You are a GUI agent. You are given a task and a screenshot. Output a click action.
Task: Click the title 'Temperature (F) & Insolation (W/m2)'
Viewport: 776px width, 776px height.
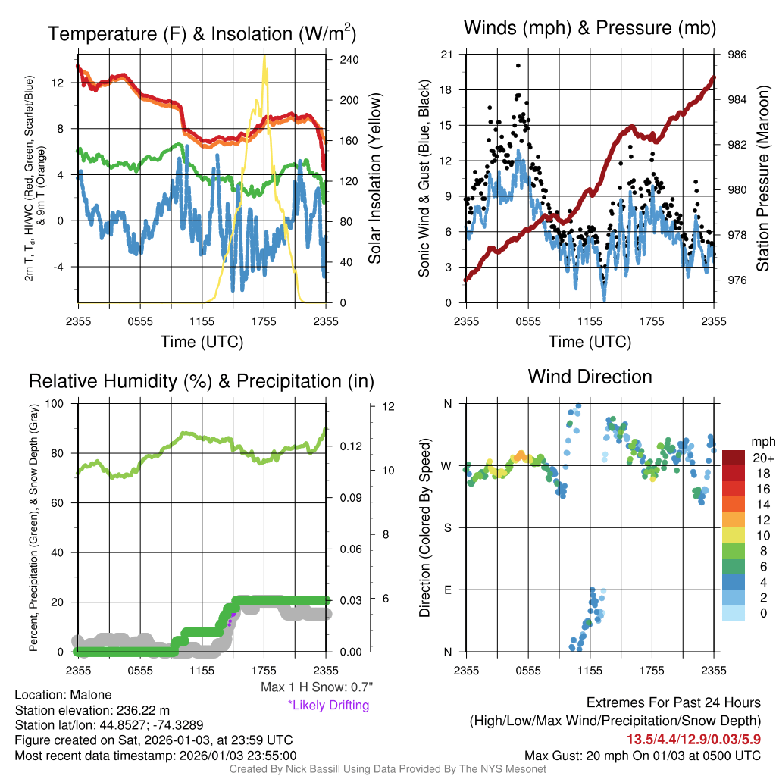[x=202, y=34]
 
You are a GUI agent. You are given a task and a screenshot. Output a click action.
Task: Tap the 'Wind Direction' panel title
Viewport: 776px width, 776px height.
[x=590, y=376]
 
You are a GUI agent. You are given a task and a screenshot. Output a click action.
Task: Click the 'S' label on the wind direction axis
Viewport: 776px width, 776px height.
[x=447, y=527]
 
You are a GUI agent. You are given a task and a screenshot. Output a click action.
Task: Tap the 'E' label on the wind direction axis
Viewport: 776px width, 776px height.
[x=447, y=590]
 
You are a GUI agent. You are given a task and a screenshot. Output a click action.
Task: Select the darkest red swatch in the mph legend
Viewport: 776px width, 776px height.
[x=734, y=458]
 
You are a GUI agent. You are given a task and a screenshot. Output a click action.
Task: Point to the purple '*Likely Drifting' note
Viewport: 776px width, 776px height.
[x=328, y=706]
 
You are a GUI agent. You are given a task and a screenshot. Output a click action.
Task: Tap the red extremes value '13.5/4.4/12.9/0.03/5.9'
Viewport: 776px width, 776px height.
[x=693, y=739]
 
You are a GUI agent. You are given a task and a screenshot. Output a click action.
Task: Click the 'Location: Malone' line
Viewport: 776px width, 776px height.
[x=63, y=695]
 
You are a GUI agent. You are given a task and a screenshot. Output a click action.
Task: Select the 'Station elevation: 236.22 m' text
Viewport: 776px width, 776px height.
[x=95, y=710]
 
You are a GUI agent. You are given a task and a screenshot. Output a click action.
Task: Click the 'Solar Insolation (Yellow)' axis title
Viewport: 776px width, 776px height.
[x=375, y=179]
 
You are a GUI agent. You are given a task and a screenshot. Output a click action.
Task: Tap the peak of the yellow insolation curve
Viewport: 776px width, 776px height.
[x=264, y=57]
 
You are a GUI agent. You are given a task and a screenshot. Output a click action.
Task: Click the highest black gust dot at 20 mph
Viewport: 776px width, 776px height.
[x=518, y=66]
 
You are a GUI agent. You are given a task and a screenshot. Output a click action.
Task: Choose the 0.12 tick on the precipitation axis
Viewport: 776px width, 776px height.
[x=350, y=446]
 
